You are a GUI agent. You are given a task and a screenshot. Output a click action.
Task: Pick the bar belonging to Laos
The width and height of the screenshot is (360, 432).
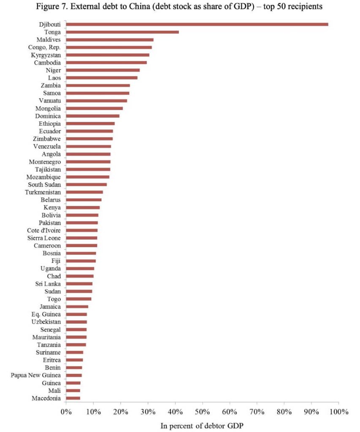tap(102, 78)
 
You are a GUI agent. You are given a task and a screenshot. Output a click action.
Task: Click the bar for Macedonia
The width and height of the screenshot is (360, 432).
tap(73, 398)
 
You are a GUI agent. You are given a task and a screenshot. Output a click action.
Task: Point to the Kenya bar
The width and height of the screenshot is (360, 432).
tap(83, 208)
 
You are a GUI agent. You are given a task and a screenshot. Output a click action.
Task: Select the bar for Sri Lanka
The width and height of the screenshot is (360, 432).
tap(79, 284)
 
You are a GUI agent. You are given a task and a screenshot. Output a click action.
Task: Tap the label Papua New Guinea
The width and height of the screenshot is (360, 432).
tap(36, 375)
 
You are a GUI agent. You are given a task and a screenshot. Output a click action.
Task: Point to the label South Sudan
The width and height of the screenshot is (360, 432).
tap(44, 185)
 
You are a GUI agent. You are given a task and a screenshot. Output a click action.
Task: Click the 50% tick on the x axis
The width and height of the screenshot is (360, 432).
tap(202, 411)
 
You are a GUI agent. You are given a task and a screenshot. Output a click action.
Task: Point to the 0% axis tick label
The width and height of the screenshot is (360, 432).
tap(66, 411)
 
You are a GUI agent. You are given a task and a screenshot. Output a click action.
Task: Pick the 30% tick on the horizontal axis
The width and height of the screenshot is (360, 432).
tap(148, 411)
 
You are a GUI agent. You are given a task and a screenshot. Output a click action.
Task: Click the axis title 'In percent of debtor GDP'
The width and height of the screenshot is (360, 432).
tap(202, 426)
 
